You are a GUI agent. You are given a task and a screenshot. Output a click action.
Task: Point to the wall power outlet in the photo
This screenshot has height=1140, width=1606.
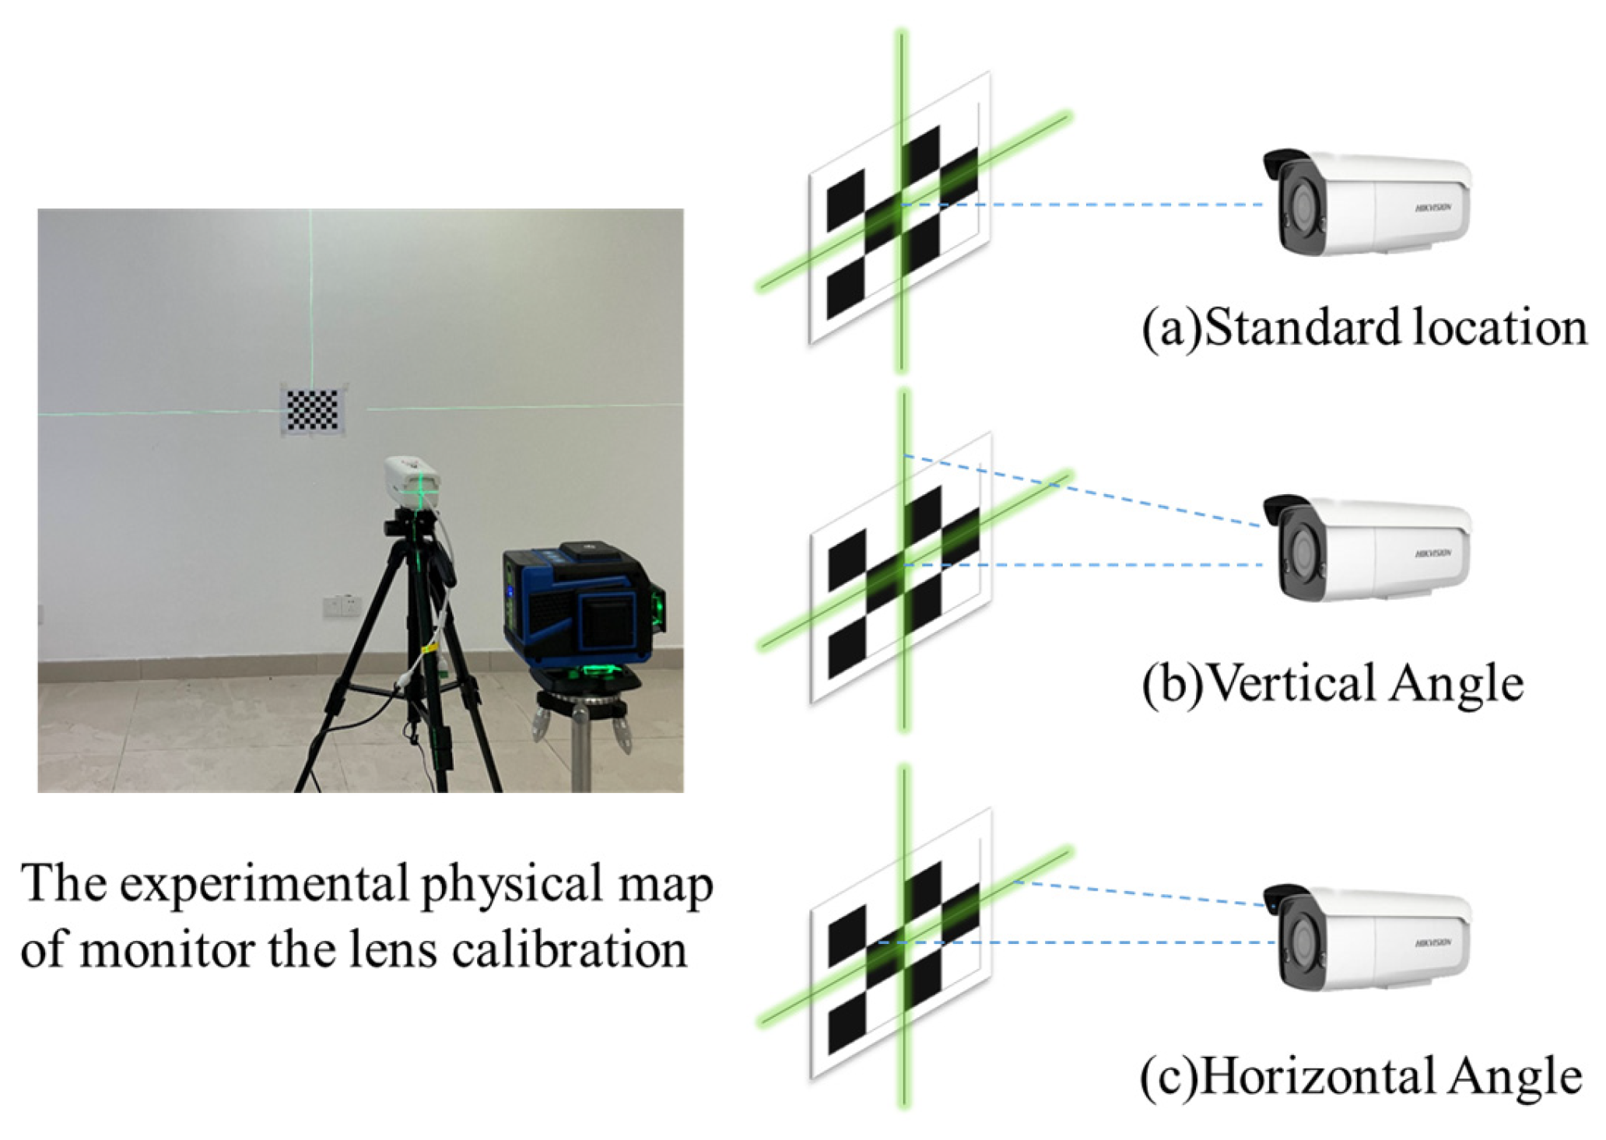point(342,605)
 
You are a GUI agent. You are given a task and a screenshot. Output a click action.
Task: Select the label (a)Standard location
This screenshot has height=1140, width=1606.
point(1363,327)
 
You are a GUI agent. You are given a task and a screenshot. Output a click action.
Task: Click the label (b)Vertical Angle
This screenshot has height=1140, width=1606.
point(1332,683)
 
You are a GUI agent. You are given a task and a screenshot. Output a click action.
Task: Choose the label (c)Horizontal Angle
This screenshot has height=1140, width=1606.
point(1361,1076)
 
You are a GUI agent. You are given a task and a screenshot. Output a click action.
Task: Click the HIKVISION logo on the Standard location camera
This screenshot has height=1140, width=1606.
point(1432,208)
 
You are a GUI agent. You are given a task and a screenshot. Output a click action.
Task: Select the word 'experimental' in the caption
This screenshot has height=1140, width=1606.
point(265,884)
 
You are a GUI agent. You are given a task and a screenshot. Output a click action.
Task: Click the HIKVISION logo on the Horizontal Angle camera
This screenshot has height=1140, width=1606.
point(1432,943)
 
